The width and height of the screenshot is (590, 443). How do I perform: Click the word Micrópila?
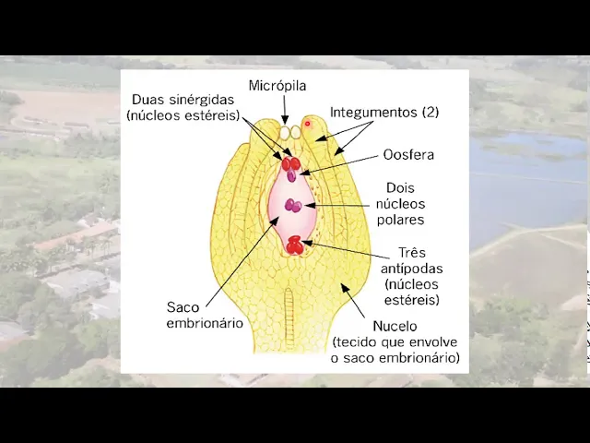click(x=277, y=86)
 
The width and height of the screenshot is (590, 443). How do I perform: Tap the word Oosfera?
click(x=409, y=155)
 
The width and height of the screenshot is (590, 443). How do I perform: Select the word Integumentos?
click(x=373, y=112)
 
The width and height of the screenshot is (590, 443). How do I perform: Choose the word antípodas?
click(x=413, y=269)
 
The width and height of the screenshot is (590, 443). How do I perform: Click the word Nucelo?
click(x=395, y=326)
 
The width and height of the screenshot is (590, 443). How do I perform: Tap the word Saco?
click(x=183, y=306)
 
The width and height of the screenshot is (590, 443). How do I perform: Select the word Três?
click(x=411, y=252)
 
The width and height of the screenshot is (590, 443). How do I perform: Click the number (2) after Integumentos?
click(x=430, y=112)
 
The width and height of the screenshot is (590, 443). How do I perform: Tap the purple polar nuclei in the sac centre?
click(x=293, y=205)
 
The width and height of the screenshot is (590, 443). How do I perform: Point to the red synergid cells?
click(x=289, y=163)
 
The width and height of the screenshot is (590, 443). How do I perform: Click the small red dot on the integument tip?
click(x=307, y=123)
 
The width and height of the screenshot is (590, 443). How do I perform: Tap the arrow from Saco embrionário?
click(x=240, y=258)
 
